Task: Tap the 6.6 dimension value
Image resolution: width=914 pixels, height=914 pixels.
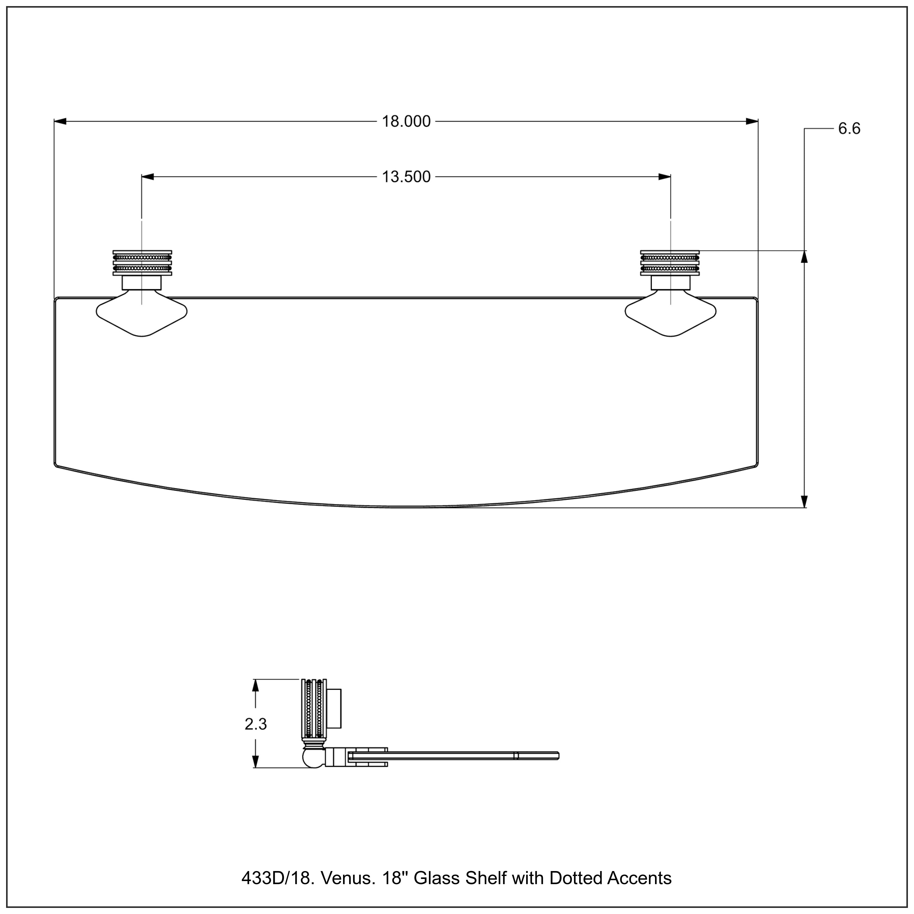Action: coord(849,129)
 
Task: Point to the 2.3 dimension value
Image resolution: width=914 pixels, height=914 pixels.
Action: coord(256,724)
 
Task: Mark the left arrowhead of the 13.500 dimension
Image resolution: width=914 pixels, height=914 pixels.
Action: coord(147,177)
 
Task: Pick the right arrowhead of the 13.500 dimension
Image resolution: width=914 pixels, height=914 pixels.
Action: coord(665,177)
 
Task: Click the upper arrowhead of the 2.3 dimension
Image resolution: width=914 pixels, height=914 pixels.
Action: coord(256,686)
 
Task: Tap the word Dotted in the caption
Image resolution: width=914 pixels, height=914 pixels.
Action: coord(575,878)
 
